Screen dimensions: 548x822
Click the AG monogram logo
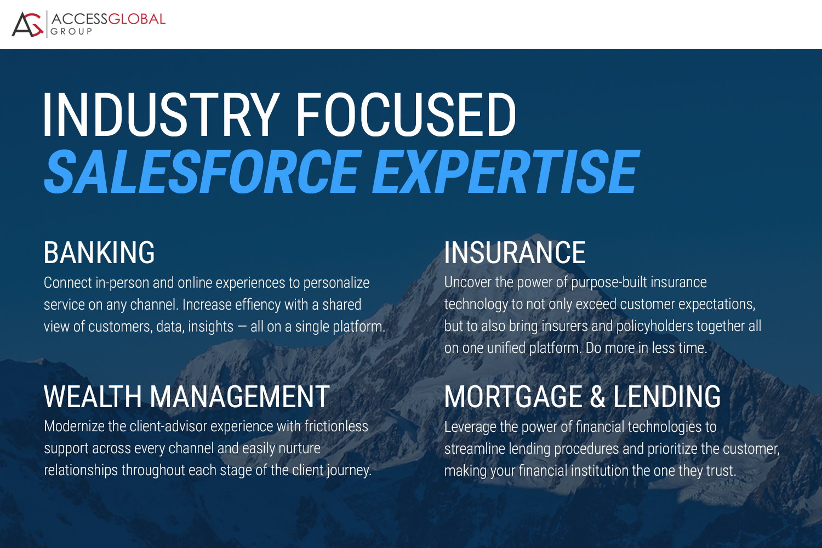tap(27, 25)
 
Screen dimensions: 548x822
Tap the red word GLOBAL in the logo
tap(137, 19)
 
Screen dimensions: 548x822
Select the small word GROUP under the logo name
tap(71, 32)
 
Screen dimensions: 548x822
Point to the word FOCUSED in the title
tap(406, 115)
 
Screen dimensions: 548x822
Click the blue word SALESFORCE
tap(203, 172)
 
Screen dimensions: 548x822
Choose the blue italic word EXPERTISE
tap(506, 172)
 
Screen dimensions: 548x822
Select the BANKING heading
tap(99, 253)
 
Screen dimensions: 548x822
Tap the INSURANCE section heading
tap(515, 253)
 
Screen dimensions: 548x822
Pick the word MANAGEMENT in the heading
tap(239, 397)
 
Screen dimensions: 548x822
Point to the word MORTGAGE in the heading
tap(513, 397)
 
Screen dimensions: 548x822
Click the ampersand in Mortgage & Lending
tap(598, 397)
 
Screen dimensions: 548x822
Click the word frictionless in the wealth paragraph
tap(336, 426)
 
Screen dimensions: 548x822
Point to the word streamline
tap(474, 449)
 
